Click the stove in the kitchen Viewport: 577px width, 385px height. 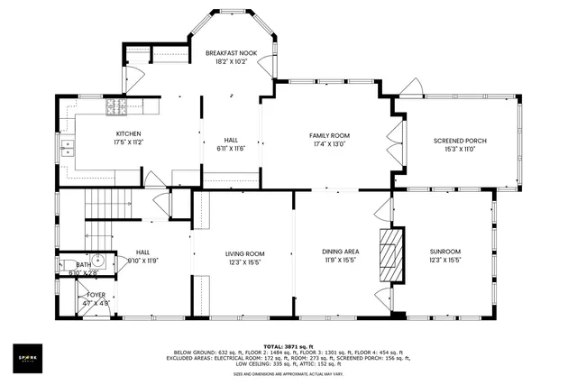coord(117,108)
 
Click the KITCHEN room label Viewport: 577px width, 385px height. coord(127,133)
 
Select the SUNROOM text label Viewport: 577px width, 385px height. coord(445,252)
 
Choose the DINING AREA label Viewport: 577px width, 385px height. coord(341,252)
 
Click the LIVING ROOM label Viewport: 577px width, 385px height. coord(244,253)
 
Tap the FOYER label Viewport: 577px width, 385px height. coord(96,295)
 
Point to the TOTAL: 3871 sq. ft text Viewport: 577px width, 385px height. coord(288,346)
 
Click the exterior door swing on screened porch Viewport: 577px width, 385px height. coord(413,88)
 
